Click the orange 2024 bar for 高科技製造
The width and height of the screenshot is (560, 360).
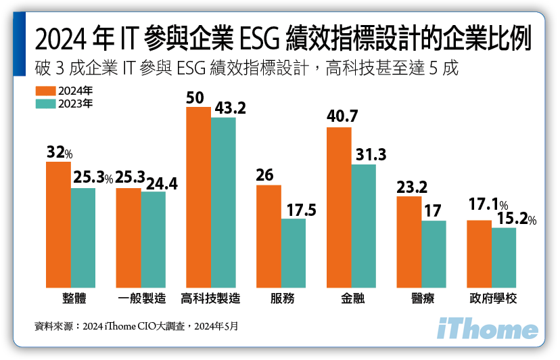point(198,197)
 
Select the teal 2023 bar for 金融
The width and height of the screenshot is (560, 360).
point(363,225)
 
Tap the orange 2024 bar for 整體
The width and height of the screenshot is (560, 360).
point(58,224)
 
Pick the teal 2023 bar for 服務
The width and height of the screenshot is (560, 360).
point(293,252)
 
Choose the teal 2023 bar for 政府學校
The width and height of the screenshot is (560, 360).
point(504,257)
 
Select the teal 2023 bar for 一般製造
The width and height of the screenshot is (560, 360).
point(153,239)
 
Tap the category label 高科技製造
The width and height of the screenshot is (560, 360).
point(211,298)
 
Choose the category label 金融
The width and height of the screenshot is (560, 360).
point(352,298)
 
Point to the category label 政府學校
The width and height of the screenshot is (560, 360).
point(492,298)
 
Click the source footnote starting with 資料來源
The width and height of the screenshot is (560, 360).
point(136,325)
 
